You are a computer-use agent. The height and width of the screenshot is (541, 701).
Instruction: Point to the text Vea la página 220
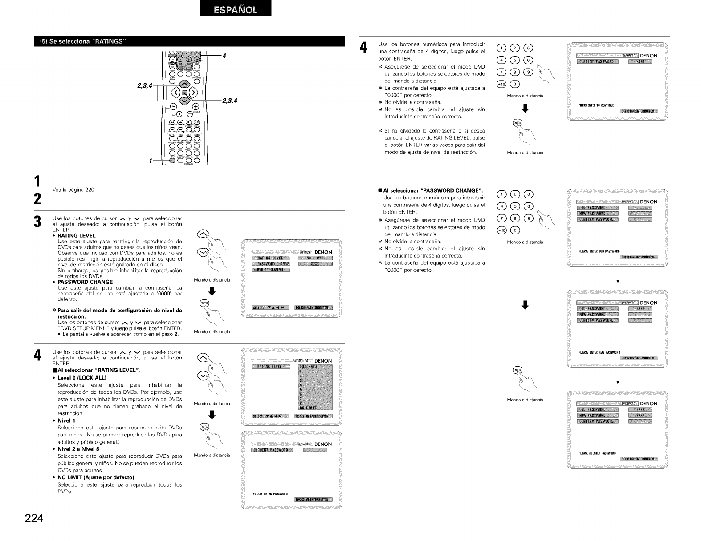click(74, 190)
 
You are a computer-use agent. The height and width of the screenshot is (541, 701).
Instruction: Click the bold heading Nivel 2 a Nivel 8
click(78, 449)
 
